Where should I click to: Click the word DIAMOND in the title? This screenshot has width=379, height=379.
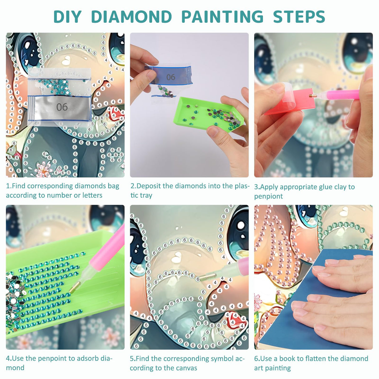[131, 17]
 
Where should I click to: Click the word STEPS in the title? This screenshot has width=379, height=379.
[299, 17]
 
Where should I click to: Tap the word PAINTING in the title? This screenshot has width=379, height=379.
[222, 17]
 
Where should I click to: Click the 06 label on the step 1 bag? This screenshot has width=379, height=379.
[62, 107]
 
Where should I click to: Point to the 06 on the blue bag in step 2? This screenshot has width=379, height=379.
[170, 77]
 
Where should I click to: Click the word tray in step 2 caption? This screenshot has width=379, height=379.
[146, 195]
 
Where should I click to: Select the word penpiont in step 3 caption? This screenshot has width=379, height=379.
[268, 196]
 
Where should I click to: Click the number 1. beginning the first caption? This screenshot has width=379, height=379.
[8, 186]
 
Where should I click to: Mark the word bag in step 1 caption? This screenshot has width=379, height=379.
[113, 186]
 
